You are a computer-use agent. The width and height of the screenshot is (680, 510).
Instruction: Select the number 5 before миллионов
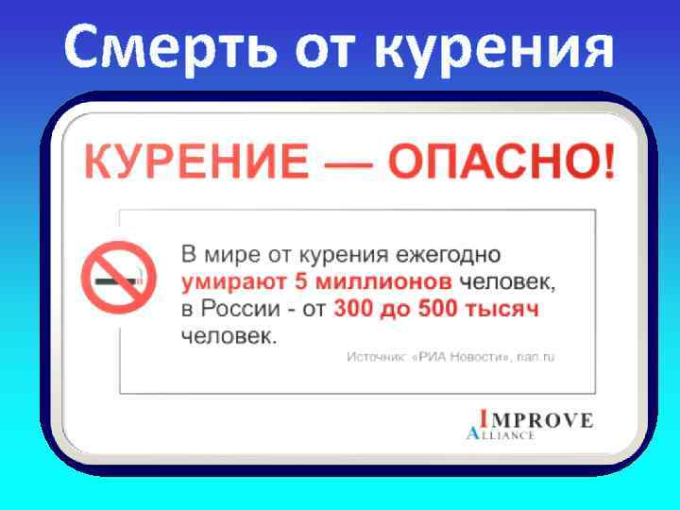click(x=302, y=281)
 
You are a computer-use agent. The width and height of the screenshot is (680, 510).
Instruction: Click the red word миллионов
click(x=384, y=281)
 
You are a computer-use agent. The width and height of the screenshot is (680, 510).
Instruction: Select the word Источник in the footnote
click(x=375, y=357)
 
